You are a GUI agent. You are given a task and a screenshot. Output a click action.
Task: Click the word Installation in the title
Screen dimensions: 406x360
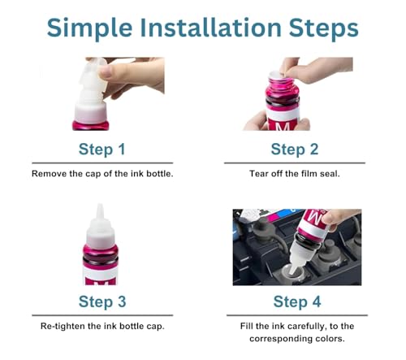[x=211, y=28]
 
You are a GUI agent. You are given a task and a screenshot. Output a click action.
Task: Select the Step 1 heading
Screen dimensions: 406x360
[x=102, y=150]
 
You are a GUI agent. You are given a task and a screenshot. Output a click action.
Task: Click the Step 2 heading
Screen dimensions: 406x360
[x=295, y=150]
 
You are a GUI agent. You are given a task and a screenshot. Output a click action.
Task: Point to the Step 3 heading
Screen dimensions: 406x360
[x=102, y=301]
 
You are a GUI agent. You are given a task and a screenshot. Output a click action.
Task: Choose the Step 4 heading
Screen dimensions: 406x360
[x=297, y=301]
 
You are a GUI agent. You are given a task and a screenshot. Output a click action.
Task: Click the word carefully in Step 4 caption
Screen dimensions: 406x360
[x=306, y=326]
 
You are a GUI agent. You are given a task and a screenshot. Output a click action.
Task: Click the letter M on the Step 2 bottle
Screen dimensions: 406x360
[x=283, y=126]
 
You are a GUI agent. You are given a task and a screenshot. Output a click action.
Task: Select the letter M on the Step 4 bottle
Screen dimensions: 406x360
[x=316, y=218]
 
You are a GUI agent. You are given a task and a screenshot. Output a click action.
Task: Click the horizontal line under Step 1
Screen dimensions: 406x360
[x=102, y=163]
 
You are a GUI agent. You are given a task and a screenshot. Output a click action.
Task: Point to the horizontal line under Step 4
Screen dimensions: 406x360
[x=297, y=315]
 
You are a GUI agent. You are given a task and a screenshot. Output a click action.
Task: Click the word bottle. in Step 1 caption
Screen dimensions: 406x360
[x=160, y=174]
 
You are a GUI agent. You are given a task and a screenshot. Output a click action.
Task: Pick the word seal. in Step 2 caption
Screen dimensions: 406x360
[x=330, y=174]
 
